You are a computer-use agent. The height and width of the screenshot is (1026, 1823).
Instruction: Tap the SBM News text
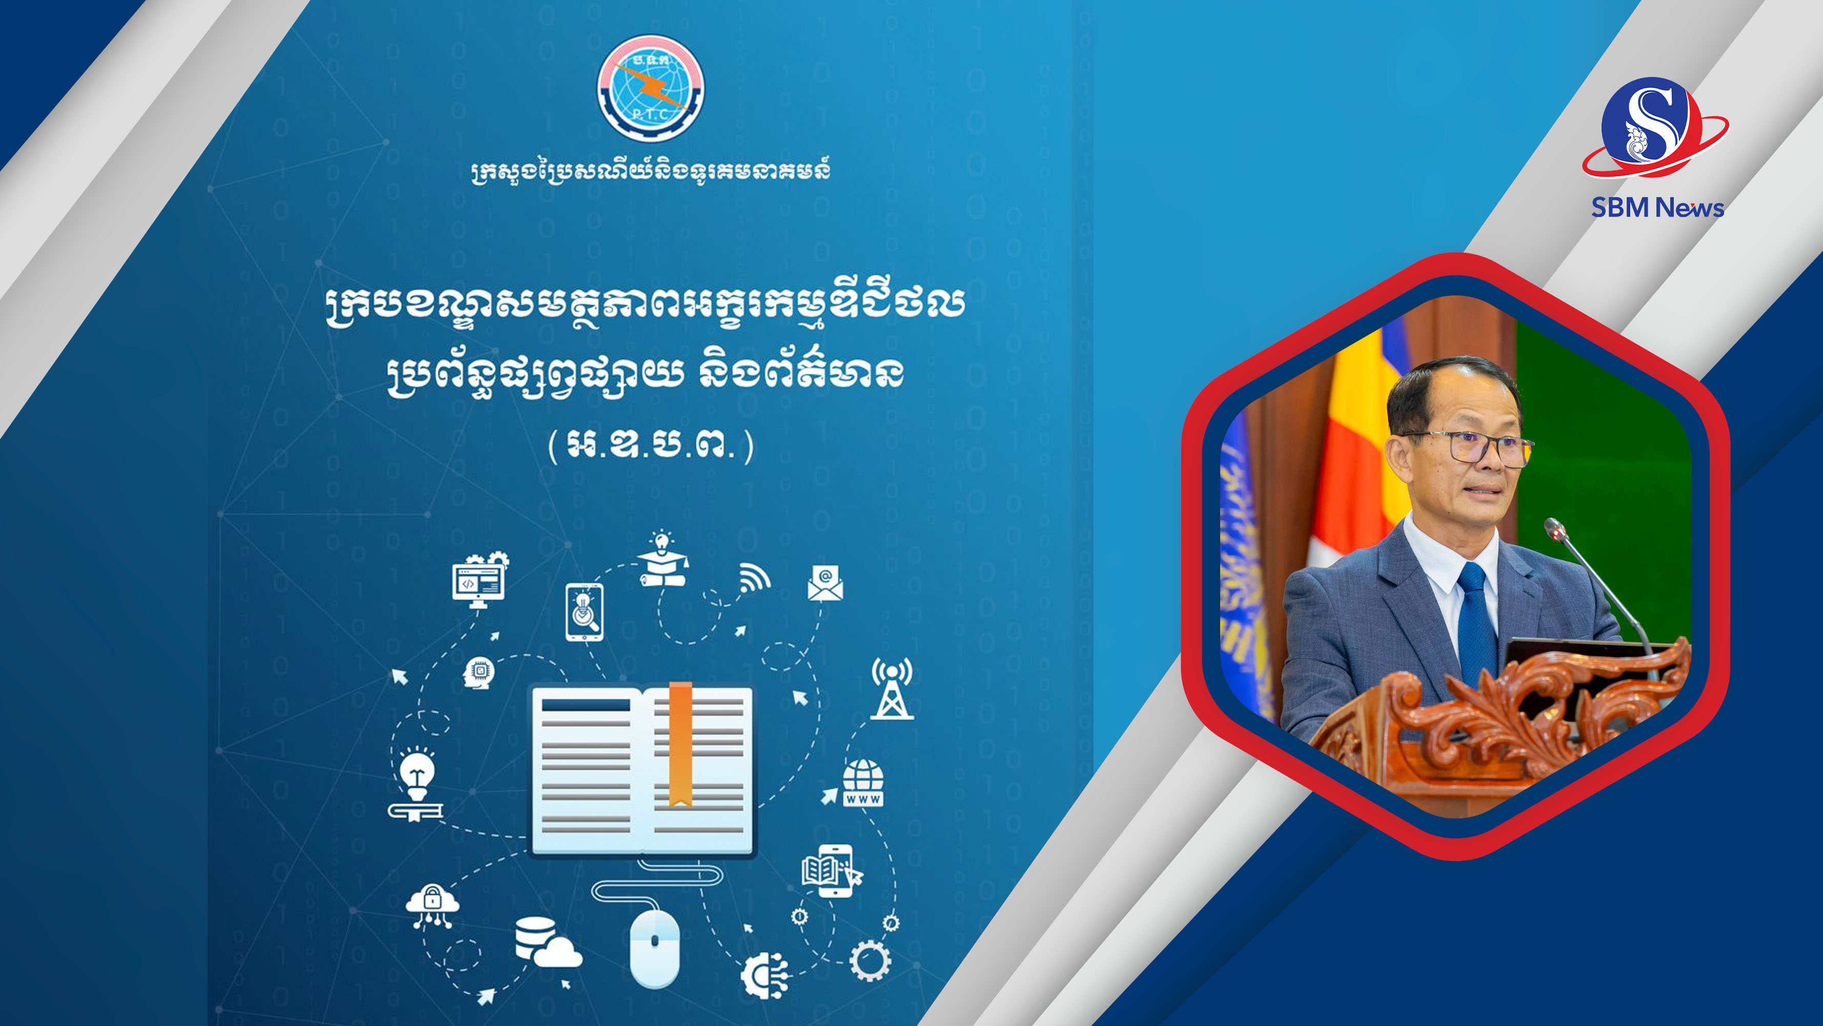click(1657, 207)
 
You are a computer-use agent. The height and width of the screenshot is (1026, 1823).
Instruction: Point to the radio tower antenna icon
click(892, 688)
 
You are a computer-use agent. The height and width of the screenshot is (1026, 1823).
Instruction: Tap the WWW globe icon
click(863, 782)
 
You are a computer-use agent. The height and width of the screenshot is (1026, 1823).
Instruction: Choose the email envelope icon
click(825, 583)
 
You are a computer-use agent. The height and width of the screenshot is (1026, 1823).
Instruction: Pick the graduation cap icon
click(663, 559)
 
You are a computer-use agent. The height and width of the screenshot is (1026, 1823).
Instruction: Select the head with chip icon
click(479, 673)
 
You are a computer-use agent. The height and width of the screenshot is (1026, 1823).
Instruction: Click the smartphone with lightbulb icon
click(584, 613)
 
